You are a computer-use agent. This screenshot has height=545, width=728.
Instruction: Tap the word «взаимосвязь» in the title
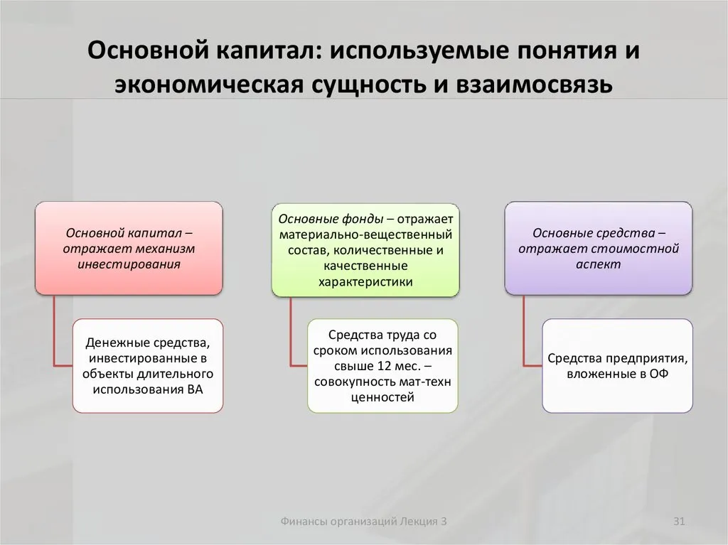pos(534,85)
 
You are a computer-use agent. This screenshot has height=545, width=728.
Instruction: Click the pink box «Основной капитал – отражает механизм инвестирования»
pos(129,249)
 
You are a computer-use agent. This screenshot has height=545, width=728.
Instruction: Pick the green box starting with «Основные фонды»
pos(365,250)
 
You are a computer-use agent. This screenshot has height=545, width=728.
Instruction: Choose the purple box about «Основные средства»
pos(599,249)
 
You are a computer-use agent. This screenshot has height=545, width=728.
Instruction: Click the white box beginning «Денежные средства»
pos(148,366)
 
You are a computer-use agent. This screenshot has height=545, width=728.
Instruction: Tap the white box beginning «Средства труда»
pos(382,366)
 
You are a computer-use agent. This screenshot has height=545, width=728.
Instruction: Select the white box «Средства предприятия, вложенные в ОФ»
pos(618,366)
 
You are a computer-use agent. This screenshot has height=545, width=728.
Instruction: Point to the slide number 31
pos(679,522)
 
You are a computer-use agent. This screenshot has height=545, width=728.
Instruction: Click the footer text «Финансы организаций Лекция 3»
pos(363,522)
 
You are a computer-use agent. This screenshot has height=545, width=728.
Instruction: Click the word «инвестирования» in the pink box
pos(129,264)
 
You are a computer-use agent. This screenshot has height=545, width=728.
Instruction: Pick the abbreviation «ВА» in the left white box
pos(195,389)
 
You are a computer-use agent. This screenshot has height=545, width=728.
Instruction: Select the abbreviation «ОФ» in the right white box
pos(659,374)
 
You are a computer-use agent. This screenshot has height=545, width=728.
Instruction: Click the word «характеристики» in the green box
pos(365,282)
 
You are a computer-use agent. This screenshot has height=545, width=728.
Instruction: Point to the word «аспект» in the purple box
pos(599,264)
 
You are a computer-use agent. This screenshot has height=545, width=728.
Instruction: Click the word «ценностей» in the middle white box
pos(382,397)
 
